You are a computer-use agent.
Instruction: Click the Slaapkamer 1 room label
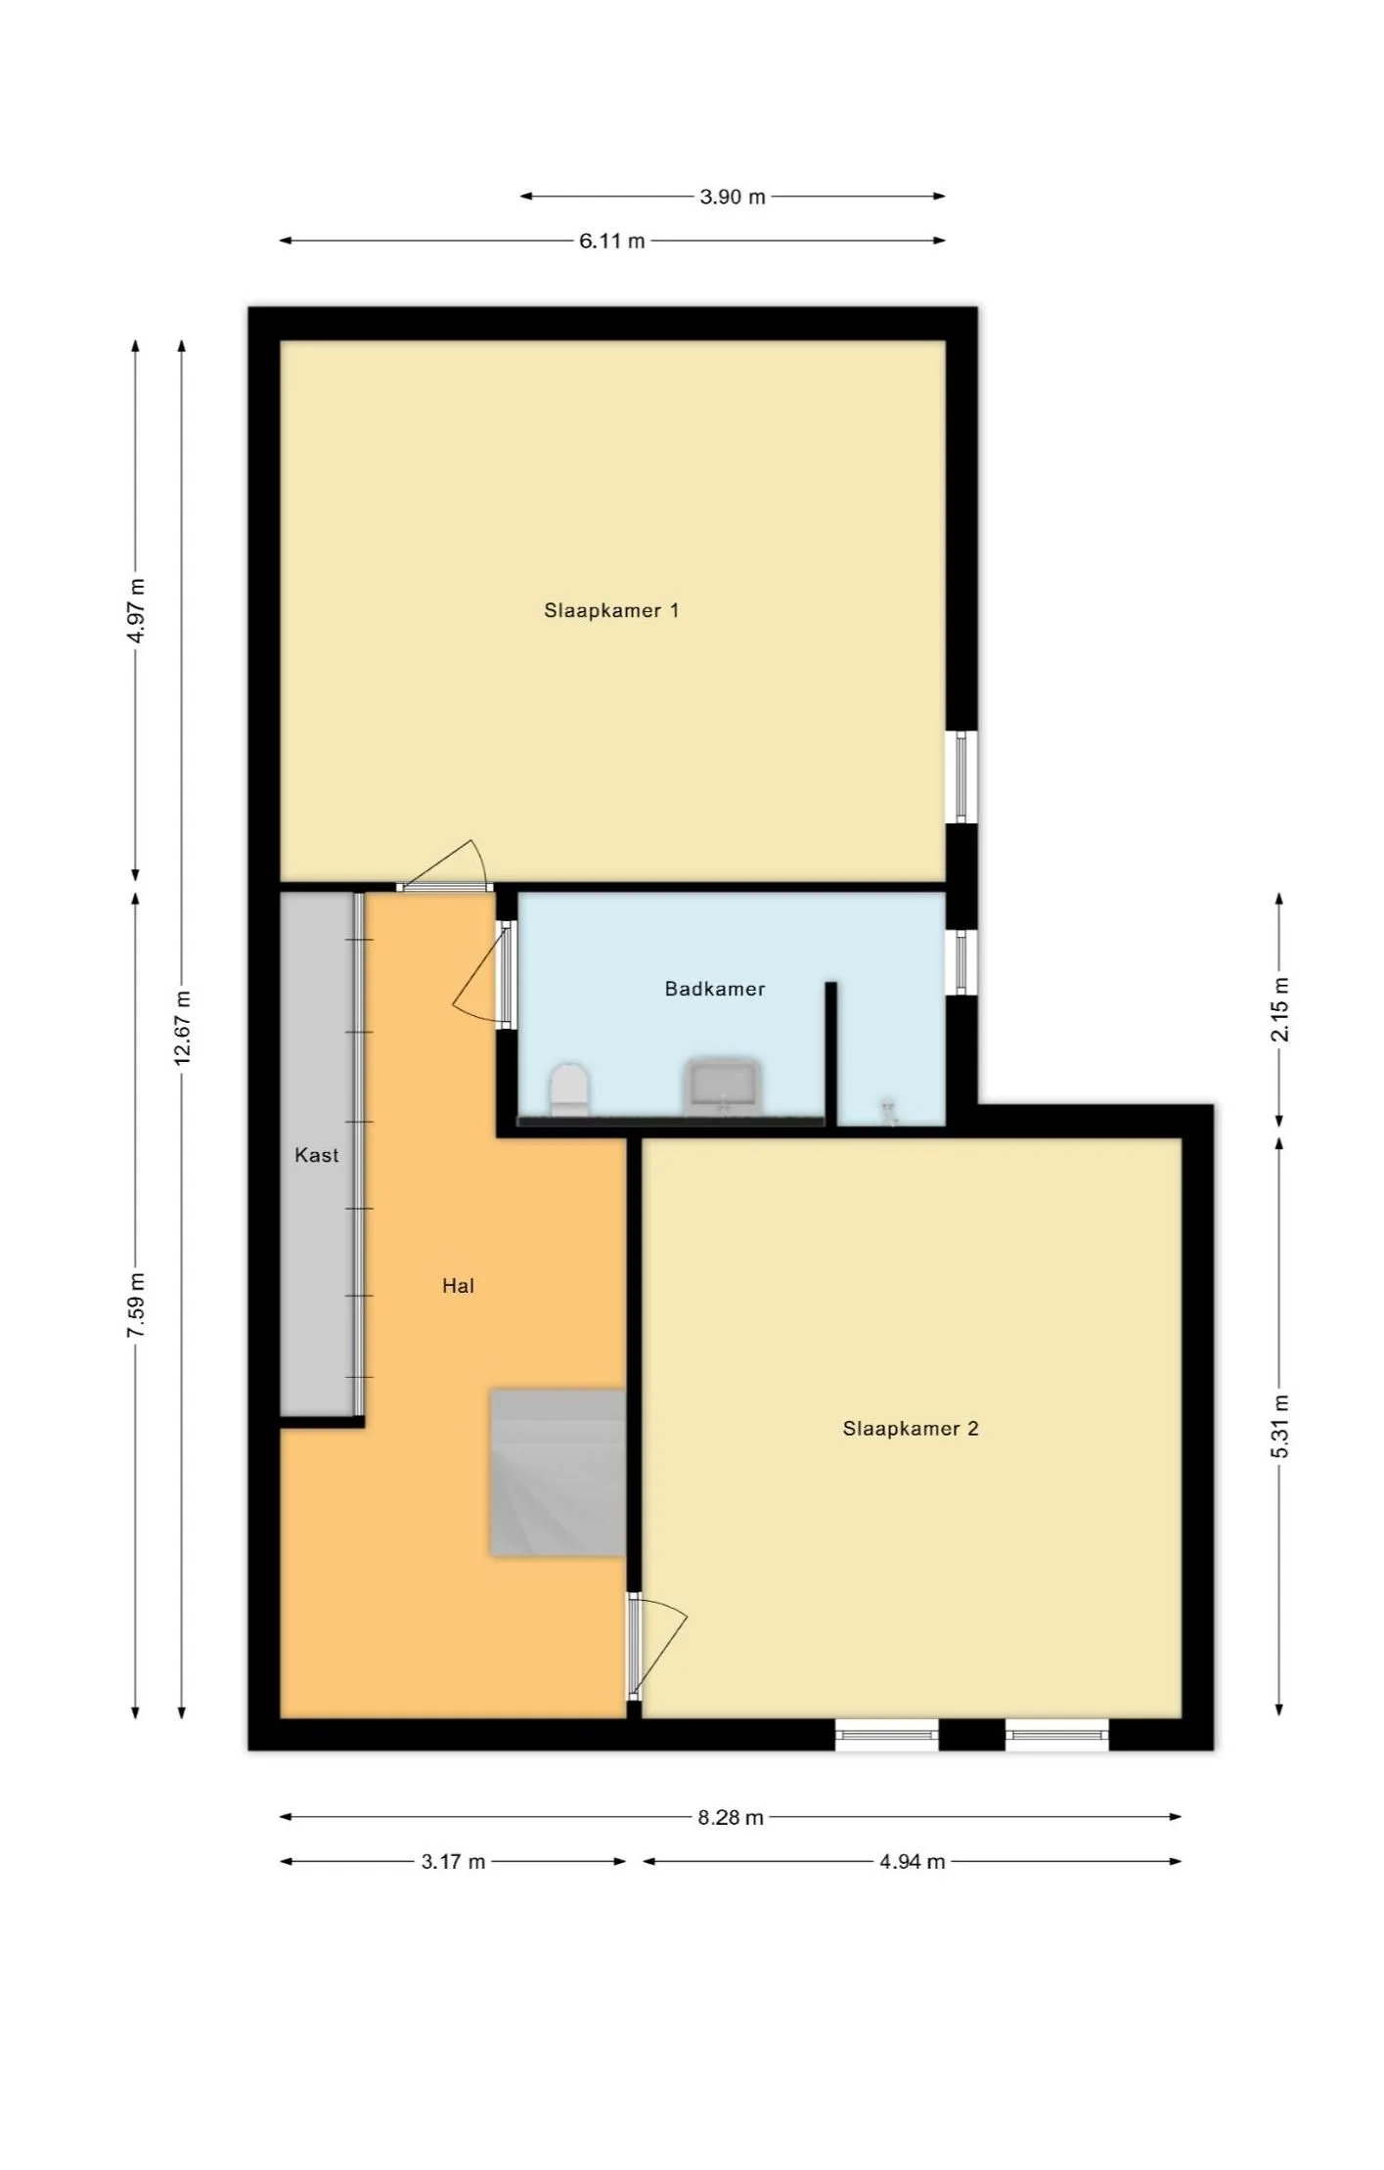(x=611, y=610)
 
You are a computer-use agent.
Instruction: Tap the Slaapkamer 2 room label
(x=911, y=1429)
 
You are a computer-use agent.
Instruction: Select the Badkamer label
(x=715, y=989)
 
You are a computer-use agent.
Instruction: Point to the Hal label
(x=458, y=1286)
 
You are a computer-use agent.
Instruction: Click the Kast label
(x=317, y=1155)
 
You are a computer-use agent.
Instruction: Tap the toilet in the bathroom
(x=569, y=1089)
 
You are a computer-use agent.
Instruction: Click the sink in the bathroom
(x=723, y=1086)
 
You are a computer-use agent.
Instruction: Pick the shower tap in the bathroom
(x=888, y=1111)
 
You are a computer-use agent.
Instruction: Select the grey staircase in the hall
(x=558, y=1472)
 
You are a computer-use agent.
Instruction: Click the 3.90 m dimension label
(x=733, y=197)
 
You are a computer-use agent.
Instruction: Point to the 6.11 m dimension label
(x=612, y=241)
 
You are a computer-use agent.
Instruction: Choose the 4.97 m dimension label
(x=137, y=610)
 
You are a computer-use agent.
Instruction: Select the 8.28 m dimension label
(x=731, y=1818)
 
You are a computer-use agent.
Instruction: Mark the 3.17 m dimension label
(x=453, y=1862)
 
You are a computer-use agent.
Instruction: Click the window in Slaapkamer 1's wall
(x=961, y=777)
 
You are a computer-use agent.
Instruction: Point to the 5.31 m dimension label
(x=1280, y=1427)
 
